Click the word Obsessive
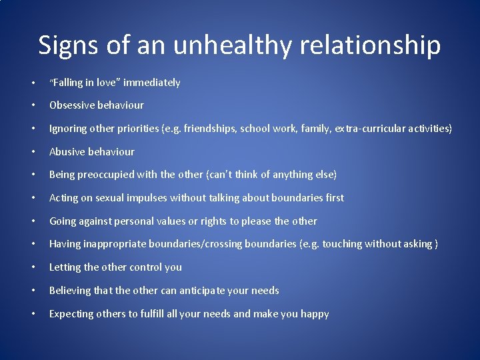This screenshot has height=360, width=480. (72, 105)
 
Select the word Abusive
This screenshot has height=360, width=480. (67, 151)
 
